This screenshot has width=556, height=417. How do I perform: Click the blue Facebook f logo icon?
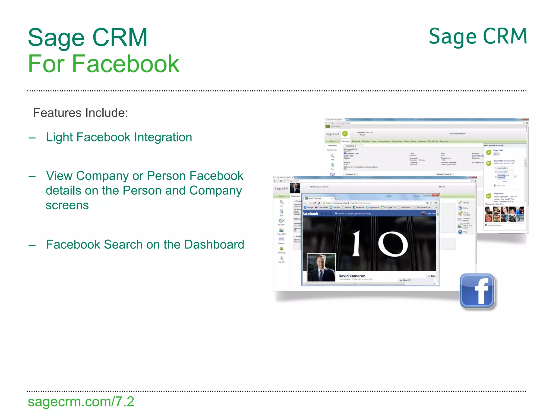click(x=477, y=291)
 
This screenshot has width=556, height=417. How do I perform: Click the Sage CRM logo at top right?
click(x=478, y=36)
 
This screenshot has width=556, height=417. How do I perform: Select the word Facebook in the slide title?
click(x=125, y=64)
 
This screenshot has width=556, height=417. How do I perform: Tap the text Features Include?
click(x=80, y=113)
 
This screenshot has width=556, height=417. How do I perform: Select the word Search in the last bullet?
click(x=124, y=244)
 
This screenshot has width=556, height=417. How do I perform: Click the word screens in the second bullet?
click(x=67, y=205)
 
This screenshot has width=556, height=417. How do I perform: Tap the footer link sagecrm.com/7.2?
click(x=81, y=402)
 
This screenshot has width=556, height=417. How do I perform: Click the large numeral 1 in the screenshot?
click(x=356, y=244)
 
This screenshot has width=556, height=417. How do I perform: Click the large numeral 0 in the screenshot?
click(x=393, y=244)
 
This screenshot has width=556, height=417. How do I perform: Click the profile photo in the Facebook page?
click(x=321, y=267)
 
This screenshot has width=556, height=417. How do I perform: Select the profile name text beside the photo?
click(x=352, y=276)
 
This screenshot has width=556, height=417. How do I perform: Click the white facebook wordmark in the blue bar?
click(x=310, y=214)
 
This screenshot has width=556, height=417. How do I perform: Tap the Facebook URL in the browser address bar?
click(x=348, y=203)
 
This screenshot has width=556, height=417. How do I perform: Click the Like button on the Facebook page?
click(x=431, y=276)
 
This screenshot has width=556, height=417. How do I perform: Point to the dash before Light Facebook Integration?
click(x=32, y=138)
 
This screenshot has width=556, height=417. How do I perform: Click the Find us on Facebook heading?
click(x=494, y=146)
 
